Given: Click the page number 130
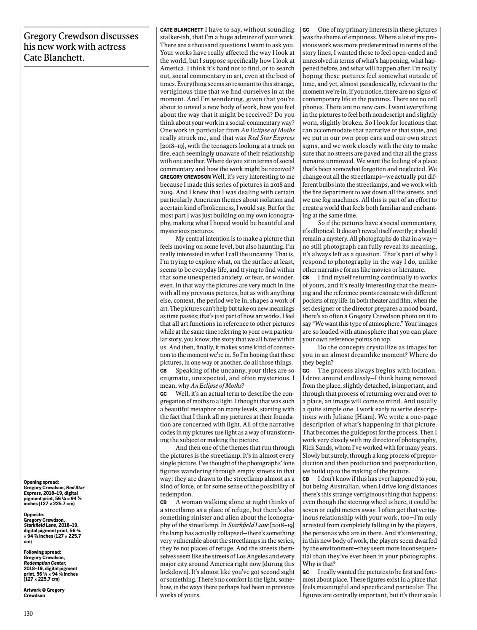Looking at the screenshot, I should tap(28, 614).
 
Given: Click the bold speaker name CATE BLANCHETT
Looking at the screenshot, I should tap(181, 30).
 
